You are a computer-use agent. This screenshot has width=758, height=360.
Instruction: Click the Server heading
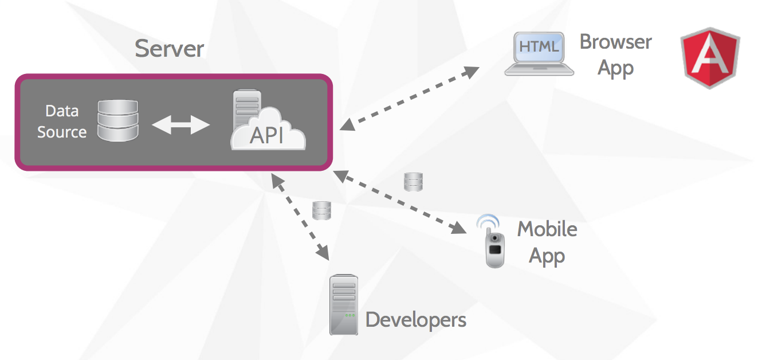coord(169,49)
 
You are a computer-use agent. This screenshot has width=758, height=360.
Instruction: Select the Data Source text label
coord(62,122)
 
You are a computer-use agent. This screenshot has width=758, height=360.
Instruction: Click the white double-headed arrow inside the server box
coord(181,124)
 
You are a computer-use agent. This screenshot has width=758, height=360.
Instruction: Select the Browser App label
coord(615,54)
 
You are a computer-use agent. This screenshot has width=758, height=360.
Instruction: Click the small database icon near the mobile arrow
coord(413,182)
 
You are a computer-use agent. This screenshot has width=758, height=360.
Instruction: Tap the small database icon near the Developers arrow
coord(321,210)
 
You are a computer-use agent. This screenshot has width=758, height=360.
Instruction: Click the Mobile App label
coord(547,242)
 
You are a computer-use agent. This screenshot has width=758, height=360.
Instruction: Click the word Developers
coord(415,319)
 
